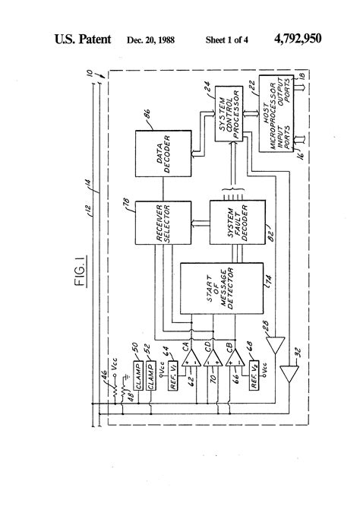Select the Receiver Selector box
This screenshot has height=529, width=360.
[156, 223]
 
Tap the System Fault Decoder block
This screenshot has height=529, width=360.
[238, 223]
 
